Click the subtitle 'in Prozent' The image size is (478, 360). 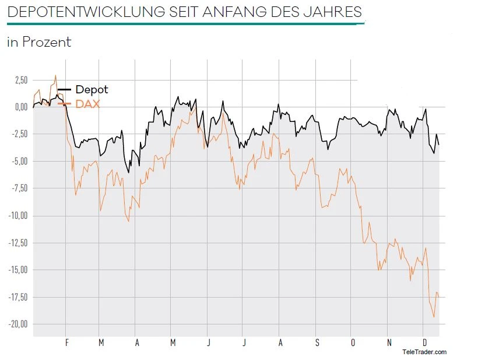[x=39, y=42]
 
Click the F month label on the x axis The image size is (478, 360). [x=66, y=343]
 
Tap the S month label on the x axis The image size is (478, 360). [x=317, y=343]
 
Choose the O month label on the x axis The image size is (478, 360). [x=353, y=343]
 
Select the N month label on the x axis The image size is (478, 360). [x=389, y=343]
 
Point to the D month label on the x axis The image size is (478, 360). [x=424, y=343]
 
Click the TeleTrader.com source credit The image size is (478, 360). [x=424, y=352]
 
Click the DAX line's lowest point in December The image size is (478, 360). [x=434, y=317]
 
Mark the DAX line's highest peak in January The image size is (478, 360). [x=55, y=75]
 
